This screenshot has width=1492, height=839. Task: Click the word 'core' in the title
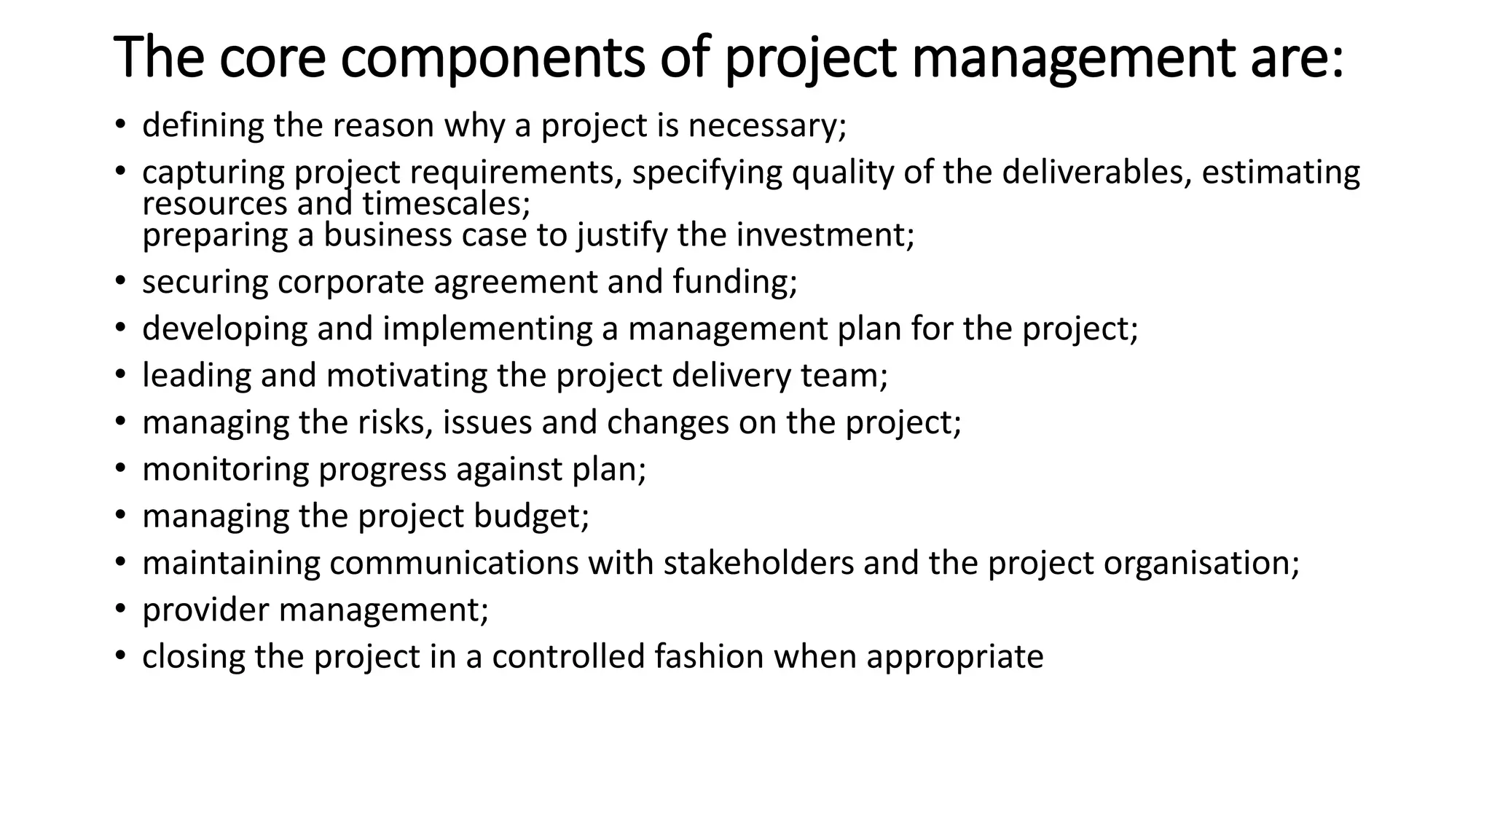[272, 58]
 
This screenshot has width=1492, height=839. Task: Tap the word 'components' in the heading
[492, 58]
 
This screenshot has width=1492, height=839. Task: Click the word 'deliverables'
[1096, 173]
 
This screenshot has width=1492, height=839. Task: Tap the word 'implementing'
[487, 328]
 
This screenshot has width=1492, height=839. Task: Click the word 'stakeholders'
[758, 563]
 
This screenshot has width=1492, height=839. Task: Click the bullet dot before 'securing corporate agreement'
[120, 282]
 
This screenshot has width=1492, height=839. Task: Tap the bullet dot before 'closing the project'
[120, 656]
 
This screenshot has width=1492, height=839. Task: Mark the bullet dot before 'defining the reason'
[120, 126]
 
